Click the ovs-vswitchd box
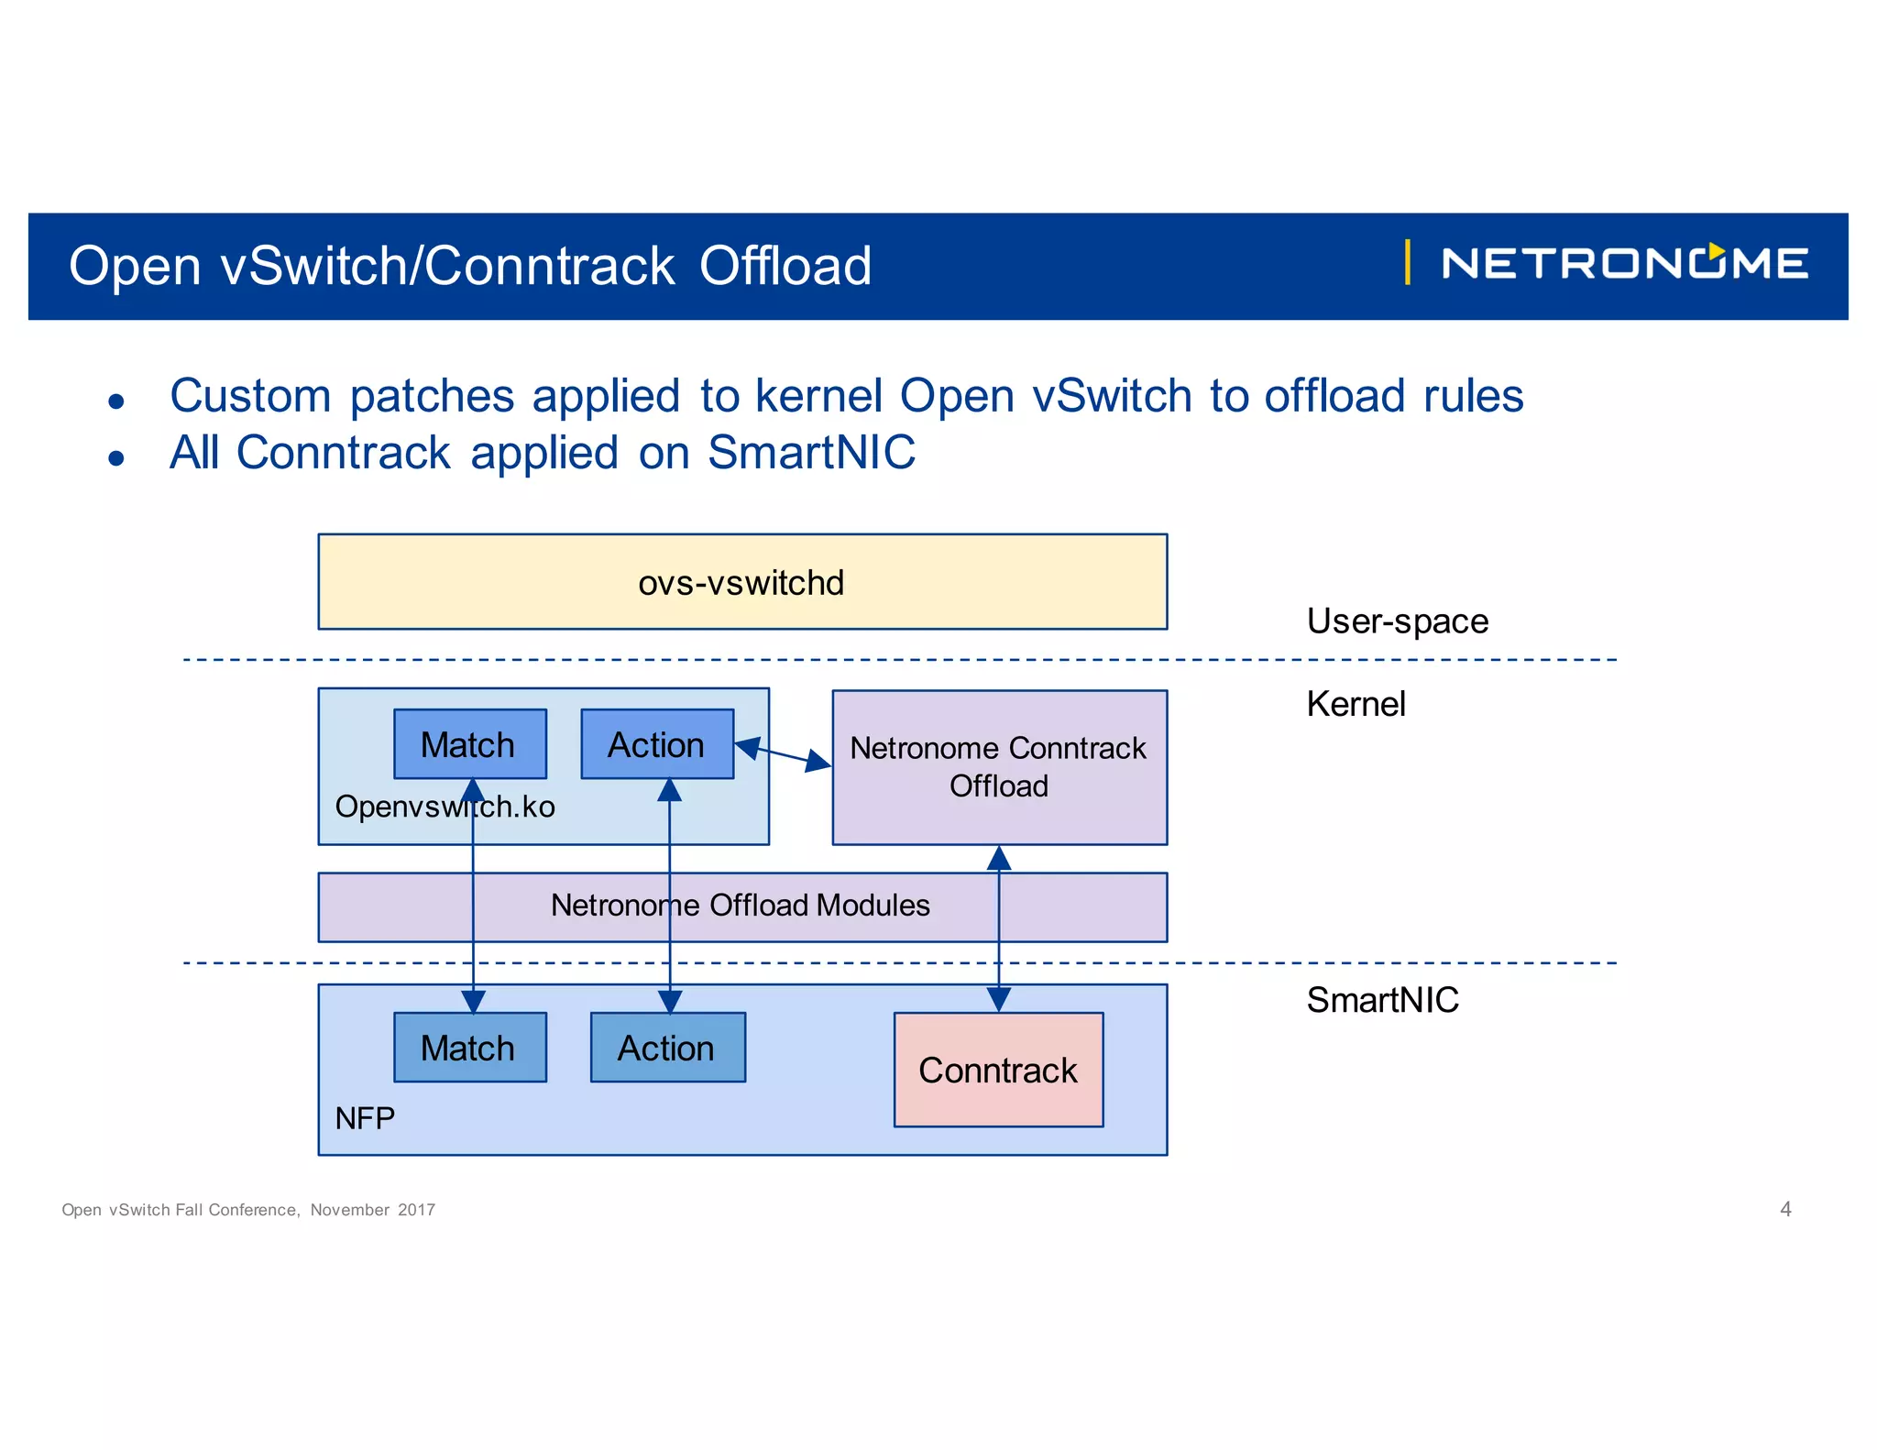741,582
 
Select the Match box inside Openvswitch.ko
469,743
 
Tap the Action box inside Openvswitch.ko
656,743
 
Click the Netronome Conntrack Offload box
998,767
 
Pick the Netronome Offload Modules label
740,906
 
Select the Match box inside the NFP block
469,1048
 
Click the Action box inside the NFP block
666,1048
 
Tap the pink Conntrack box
998,1070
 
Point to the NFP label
365,1118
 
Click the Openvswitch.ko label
445,807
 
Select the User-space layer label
1397,621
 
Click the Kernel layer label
1356,704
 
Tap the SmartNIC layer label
1382,1000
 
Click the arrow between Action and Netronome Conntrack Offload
784,754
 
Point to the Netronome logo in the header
1623,264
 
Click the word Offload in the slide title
785,267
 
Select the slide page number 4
1785,1209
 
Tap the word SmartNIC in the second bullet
811,453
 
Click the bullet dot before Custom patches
116,401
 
